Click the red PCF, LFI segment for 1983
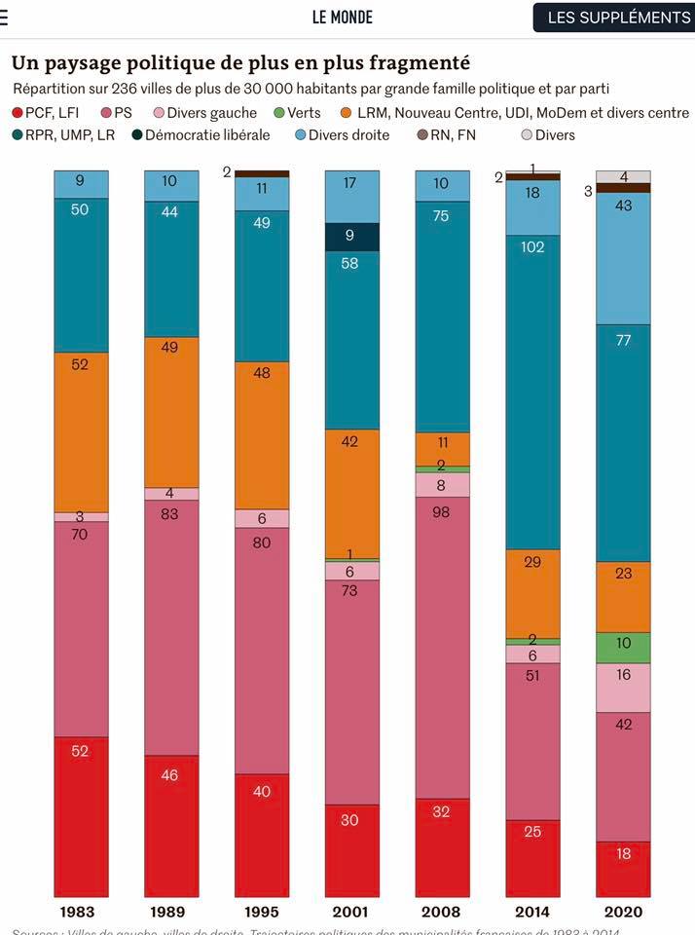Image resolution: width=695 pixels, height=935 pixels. click(81, 816)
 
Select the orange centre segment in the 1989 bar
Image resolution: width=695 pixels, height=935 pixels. click(171, 412)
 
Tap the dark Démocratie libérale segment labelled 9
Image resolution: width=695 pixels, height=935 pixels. click(351, 237)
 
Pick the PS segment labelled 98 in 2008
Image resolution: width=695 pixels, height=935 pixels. click(442, 648)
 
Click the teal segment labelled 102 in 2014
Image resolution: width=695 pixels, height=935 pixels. click(532, 392)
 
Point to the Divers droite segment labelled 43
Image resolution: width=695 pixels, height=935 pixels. click(623, 258)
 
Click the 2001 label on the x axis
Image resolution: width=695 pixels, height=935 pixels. click(351, 913)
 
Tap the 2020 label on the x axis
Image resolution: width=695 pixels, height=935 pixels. click(623, 913)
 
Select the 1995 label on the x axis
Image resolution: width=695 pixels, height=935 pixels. click(261, 913)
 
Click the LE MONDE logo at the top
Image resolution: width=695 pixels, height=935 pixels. click(342, 17)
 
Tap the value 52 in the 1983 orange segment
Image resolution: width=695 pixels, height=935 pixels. click(81, 363)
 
